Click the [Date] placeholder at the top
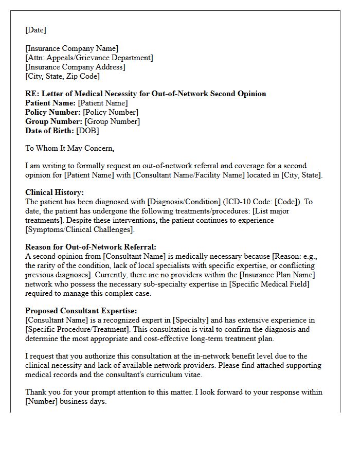tap(35, 30)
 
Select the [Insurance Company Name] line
tap(71, 49)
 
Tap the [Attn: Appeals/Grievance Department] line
tap(89, 58)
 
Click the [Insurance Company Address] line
tap(75, 67)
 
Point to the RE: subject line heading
tap(146, 94)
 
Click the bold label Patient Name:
tap(50, 103)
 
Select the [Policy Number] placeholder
tap(111, 112)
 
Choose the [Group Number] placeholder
tap(112, 121)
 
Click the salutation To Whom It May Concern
tap(69, 148)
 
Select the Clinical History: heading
tap(55, 192)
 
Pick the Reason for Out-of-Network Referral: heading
tap(91, 247)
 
